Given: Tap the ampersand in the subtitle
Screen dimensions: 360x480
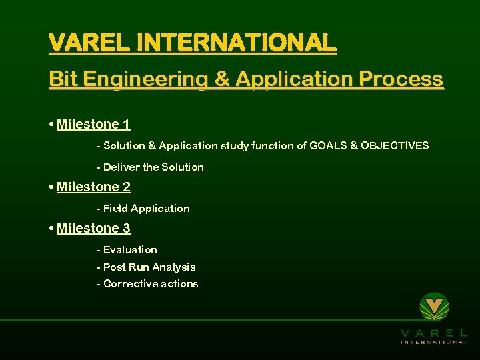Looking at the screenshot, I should pos(220,79).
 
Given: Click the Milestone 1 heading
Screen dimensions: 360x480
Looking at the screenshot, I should pos(93,125).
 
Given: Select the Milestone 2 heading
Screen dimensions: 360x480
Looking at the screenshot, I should pos(93,187).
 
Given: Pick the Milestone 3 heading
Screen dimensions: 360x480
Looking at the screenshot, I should pos(93,229).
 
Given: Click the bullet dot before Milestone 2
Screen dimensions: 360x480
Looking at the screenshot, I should pos(52,187).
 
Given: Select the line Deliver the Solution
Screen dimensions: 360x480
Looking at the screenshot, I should pos(150,167).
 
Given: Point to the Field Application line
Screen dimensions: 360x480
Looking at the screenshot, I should pos(143,208).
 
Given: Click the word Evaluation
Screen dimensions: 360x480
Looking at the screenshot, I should pos(130,249).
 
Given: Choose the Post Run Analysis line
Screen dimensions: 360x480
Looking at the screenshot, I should pos(146,267).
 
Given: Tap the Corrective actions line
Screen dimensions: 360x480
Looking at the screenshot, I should pos(147,283).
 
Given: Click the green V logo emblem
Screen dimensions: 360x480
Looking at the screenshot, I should pos(435,307).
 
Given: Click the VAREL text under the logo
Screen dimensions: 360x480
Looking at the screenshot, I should pos(435,333).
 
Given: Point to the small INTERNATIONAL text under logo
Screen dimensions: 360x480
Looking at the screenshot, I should pos(435,342).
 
